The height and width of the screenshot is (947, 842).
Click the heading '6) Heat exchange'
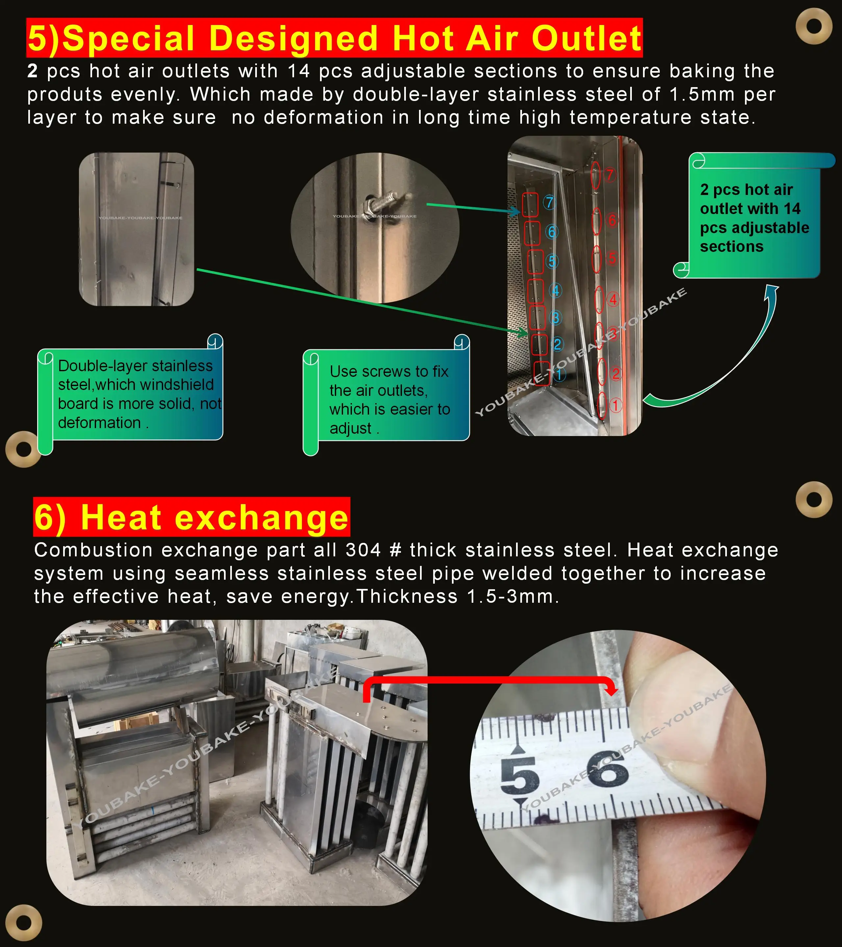tap(191, 517)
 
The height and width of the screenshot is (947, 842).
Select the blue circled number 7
tap(549, 203)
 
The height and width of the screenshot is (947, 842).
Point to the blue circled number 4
tap(555, 290)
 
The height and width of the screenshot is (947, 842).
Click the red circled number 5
tap(612, 258)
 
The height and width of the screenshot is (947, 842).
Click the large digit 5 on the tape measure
tap(520, 775)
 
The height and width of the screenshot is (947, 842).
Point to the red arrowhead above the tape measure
tap(612, 690)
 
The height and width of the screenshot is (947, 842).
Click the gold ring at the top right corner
tap(814, 26)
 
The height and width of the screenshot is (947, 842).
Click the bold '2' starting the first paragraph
tap(32, 71)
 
